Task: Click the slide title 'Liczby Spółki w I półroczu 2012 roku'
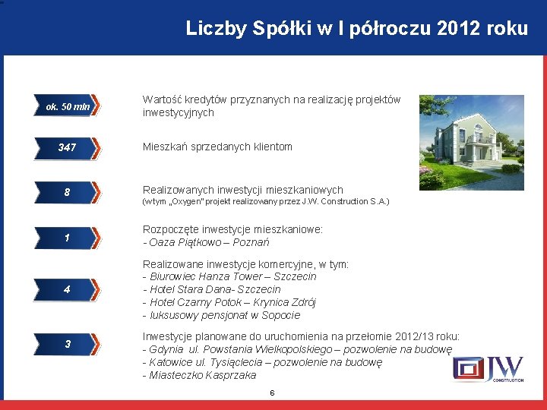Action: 356,29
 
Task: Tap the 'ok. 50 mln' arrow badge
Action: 68,107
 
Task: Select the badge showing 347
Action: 68,147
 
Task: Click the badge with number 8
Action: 68,193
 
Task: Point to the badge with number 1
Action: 68,238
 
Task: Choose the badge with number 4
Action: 68,290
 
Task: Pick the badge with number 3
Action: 68,345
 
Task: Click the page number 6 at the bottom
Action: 272,393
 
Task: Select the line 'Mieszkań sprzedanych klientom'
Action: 217,147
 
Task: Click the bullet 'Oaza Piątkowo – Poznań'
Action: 206,243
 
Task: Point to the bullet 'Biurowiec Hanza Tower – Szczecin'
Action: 229,277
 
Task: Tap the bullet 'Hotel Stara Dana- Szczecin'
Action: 212,290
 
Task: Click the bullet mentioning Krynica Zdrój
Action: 229,302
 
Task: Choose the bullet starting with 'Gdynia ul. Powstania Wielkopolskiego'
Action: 297,350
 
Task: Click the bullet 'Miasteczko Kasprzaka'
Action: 199,376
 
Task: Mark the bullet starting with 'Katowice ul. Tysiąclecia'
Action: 262,363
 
